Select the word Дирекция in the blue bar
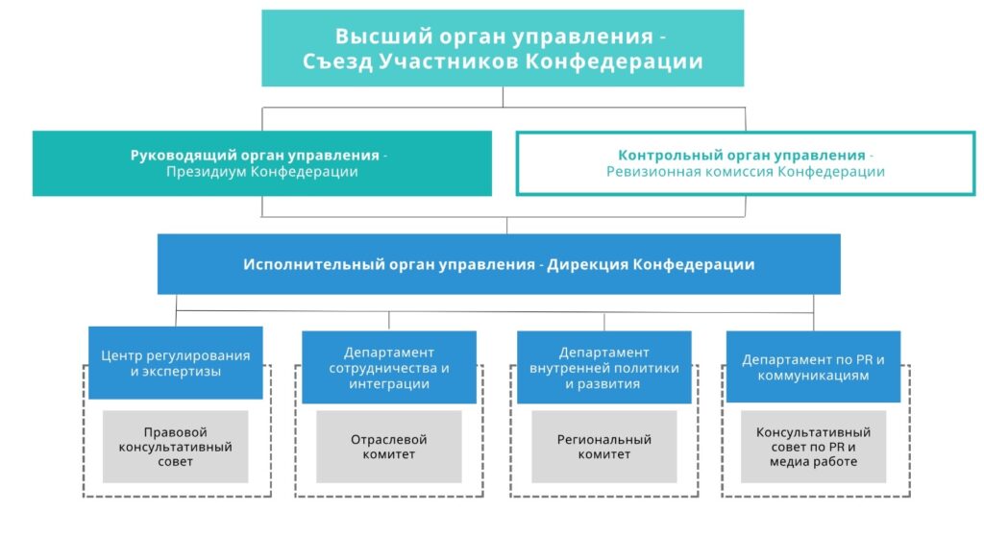click(x=586, y=264)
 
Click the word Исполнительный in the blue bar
click(x=306, y=264)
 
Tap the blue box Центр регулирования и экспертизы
click(x=176, y=363)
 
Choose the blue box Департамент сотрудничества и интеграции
click(x=389, y=367)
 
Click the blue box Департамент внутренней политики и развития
click(x=604, y=367)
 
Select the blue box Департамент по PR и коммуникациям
click(x=813, y=367)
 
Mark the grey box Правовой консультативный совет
click(x=176, y=447)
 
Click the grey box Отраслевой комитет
click(x=389, y=447)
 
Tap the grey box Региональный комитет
click(x=604, y=447)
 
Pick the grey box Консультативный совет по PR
click(x=813, y=447)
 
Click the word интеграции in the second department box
click(x=389, y=384)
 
